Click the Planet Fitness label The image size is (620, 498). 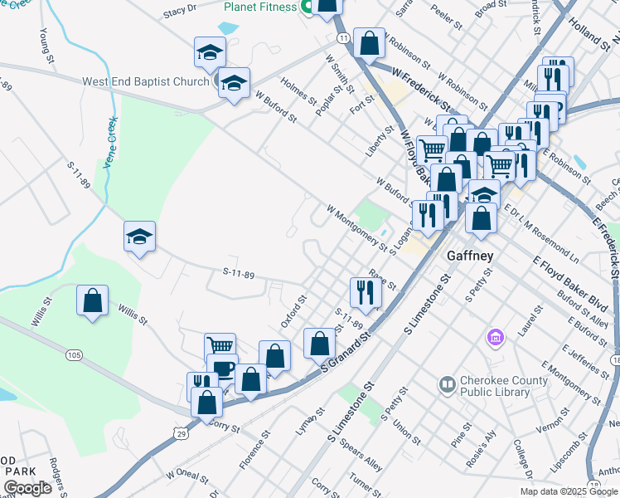coord(259,7)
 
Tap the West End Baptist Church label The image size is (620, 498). coord(145,82)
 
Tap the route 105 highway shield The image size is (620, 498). coord(75,355)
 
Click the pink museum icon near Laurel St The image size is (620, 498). coord(496,338)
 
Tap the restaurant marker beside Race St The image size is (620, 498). coord(365,290)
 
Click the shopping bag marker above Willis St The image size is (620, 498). coord(93,300)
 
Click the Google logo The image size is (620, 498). coord(27,488)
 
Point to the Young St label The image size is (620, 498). coord(46,48)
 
